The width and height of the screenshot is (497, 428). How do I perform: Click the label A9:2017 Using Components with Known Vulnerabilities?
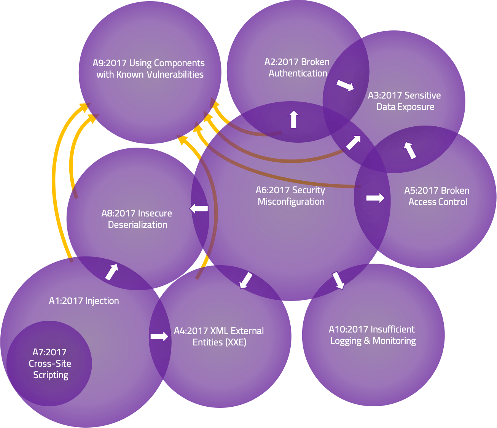[149, 69]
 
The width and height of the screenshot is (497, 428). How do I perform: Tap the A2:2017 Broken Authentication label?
[297, 68]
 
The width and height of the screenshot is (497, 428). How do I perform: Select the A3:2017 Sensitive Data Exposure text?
[405, 101]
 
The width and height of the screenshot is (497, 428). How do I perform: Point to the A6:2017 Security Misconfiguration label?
[291, 196]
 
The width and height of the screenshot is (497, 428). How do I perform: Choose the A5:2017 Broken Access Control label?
[437, 196]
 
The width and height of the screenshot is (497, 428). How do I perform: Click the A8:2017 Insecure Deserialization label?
[137, 219]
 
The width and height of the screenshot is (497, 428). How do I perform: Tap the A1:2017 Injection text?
[84, 301]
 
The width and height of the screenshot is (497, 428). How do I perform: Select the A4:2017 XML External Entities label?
[219, 337]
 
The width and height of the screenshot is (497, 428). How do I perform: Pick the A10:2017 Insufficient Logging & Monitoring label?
[372, 335]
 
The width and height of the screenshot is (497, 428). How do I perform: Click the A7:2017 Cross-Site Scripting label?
[50, 364]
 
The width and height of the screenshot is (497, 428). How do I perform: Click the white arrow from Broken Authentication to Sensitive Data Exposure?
[345, 86]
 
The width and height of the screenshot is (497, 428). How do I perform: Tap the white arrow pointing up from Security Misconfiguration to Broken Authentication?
[293, 119]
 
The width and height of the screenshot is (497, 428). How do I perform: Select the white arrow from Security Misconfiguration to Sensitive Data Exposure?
[353, 143]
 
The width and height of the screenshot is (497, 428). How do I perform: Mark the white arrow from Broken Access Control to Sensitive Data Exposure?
[410, 150]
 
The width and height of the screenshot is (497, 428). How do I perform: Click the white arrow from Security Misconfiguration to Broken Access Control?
[375, 198]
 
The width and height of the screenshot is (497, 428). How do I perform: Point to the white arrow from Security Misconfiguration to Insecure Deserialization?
[199, 208]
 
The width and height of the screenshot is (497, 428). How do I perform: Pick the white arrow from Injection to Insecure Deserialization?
[112, 272]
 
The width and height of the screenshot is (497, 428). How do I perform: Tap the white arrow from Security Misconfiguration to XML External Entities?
[246, 280]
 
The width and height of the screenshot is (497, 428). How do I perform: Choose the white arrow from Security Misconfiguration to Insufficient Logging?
[338, 280]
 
